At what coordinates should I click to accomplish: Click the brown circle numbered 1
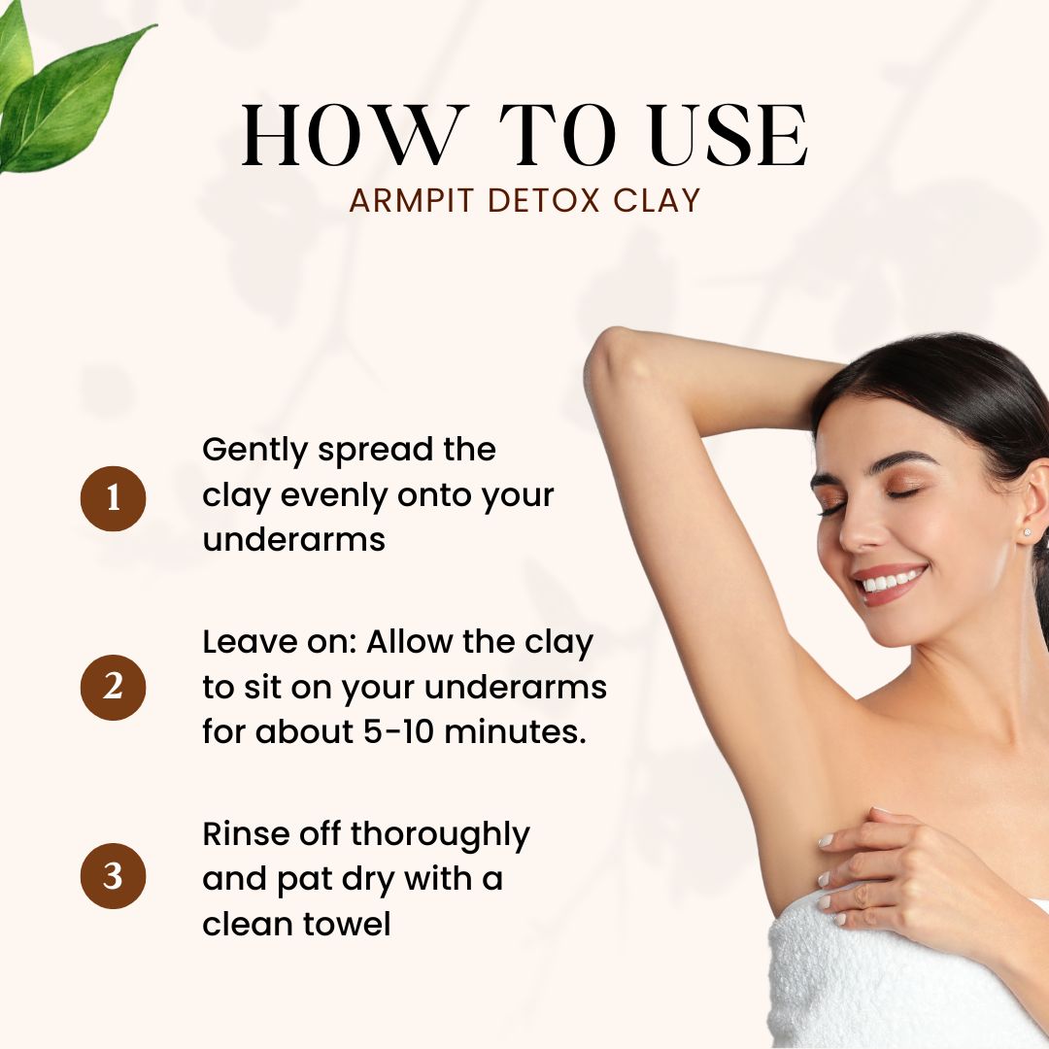113,499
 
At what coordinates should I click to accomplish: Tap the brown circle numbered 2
113,688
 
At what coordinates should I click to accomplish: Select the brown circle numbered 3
113,876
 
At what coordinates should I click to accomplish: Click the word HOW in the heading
352,135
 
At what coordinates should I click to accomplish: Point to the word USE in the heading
728,135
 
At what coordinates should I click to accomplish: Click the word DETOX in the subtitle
543,201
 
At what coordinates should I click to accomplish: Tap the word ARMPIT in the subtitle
412,201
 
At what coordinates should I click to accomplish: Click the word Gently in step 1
254,451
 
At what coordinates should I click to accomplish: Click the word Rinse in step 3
245,834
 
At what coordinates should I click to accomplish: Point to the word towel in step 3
347,924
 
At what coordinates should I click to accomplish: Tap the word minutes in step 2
515,731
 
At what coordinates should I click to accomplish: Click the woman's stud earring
1027,532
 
